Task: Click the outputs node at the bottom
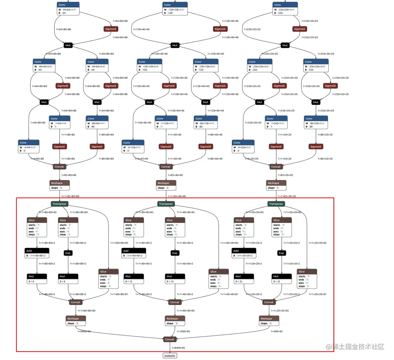point(169,356)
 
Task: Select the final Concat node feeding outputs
point(169,339)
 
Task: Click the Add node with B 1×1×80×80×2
point(37,252)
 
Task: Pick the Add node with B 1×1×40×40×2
point(133,252)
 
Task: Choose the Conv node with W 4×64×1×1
point(28,146)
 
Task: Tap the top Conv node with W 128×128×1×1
point(175,8)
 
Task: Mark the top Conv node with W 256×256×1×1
point(285,8)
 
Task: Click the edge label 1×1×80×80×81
point(118,294)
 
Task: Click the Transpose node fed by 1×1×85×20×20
point(276,204)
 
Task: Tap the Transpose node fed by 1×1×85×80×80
point(59,204)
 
